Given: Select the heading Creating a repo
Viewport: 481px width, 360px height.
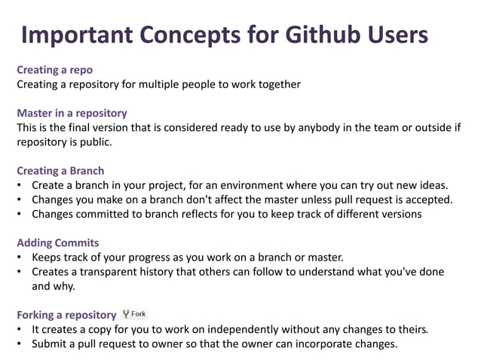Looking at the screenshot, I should [x=55, y=70].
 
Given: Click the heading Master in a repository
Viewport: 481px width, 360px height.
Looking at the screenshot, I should [x=72, y=113].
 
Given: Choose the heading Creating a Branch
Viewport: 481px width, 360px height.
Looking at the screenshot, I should [x=60, y=170].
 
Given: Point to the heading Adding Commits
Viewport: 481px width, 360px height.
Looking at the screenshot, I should [x=58, y=243].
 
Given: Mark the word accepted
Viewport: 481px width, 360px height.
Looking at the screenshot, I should [x=429, y=200].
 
